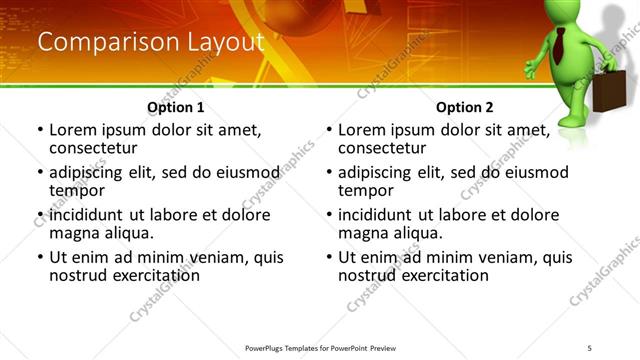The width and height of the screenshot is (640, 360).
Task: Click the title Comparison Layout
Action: tap(150, 42)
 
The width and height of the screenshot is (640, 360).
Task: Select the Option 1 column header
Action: tap(176, 107)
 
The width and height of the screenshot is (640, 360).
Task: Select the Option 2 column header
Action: tap(465, 107)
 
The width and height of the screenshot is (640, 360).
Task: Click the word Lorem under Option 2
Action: tap(360, 129)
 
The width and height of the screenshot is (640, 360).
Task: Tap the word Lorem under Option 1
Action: tap(71, 129)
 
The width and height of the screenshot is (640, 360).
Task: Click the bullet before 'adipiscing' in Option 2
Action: tap(328, 172)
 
